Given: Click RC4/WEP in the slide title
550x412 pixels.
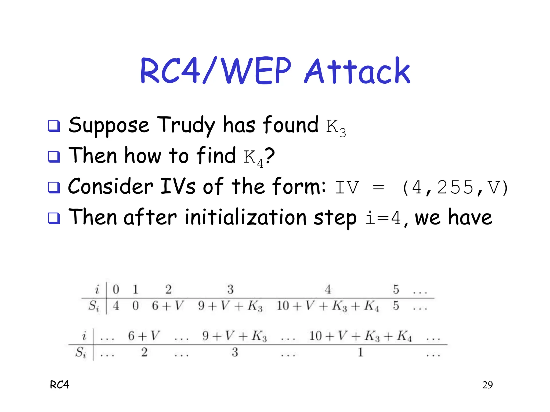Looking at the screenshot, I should pyautogui.click(x=216, y=71).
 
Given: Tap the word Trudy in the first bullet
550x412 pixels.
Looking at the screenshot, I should pyautogui.click(x=186, y=125).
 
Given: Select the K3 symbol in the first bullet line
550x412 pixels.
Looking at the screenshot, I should pyautogui.click(x=336, y=128).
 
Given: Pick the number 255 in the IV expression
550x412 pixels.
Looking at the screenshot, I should pyautogui.click(x=455, y=187).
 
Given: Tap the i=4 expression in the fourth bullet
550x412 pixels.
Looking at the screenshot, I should pyautogui.click(x=383, y=218).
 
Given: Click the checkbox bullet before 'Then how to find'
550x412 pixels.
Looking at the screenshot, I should pyautogui.click(x=54, y=157).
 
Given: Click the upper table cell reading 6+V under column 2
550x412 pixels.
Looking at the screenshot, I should pyautogui.click(x=168, y=306).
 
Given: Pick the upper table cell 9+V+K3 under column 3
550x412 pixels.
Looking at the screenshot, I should pyautogui.click(x=230, y=306).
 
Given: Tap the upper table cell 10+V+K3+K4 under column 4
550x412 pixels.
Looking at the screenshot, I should pyautogui.click(x=328, y=306).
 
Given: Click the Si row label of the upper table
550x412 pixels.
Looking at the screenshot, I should pyautogui.click(x=94, y=306).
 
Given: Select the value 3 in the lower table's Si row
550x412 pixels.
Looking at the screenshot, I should pyautogui.click(x=235, y=352).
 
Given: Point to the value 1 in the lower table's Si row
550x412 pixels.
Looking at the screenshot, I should pyautogui.click(x=360, y=352).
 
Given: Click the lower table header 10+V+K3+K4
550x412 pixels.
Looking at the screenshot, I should pyautogui.click(x=360, y=336).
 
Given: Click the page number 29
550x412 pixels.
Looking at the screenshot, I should pyautogui.click(x=487, y=385).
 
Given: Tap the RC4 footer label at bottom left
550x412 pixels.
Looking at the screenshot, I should pyautogui.click(x=60, y=385).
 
